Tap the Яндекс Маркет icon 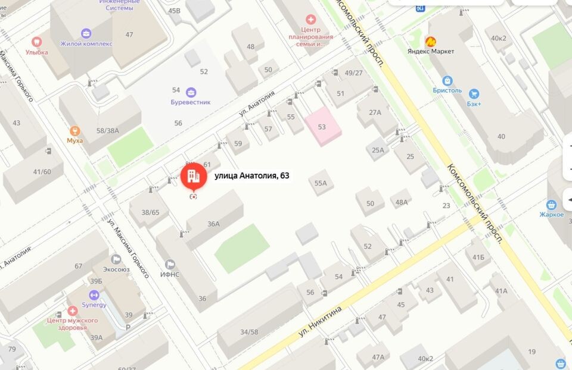430,42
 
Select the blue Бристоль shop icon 447,80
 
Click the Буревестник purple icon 191,92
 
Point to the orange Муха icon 75,131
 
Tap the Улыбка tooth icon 37,42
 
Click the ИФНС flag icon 170,264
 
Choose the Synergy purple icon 94,295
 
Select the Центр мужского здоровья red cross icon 72,311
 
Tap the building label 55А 321,183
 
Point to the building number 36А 214,224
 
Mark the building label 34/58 245,331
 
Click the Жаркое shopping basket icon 551,205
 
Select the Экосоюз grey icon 116,259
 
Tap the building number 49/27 354,73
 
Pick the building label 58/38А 108,130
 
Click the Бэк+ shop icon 474,93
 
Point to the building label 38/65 150,212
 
